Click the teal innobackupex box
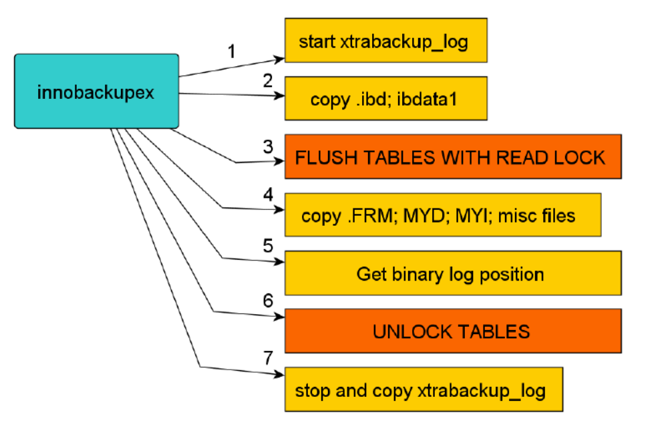pos(96,91)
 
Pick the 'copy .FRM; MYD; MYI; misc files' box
pos(442,214)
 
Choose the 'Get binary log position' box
pos(452,273)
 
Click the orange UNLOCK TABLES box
pos(452,331)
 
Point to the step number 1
pos(232,51)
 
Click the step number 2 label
pos(268,82)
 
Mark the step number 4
pos(268,196)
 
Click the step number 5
pos(268,245)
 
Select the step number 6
pos(268,301)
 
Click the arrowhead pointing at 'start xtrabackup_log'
pos(279,56)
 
